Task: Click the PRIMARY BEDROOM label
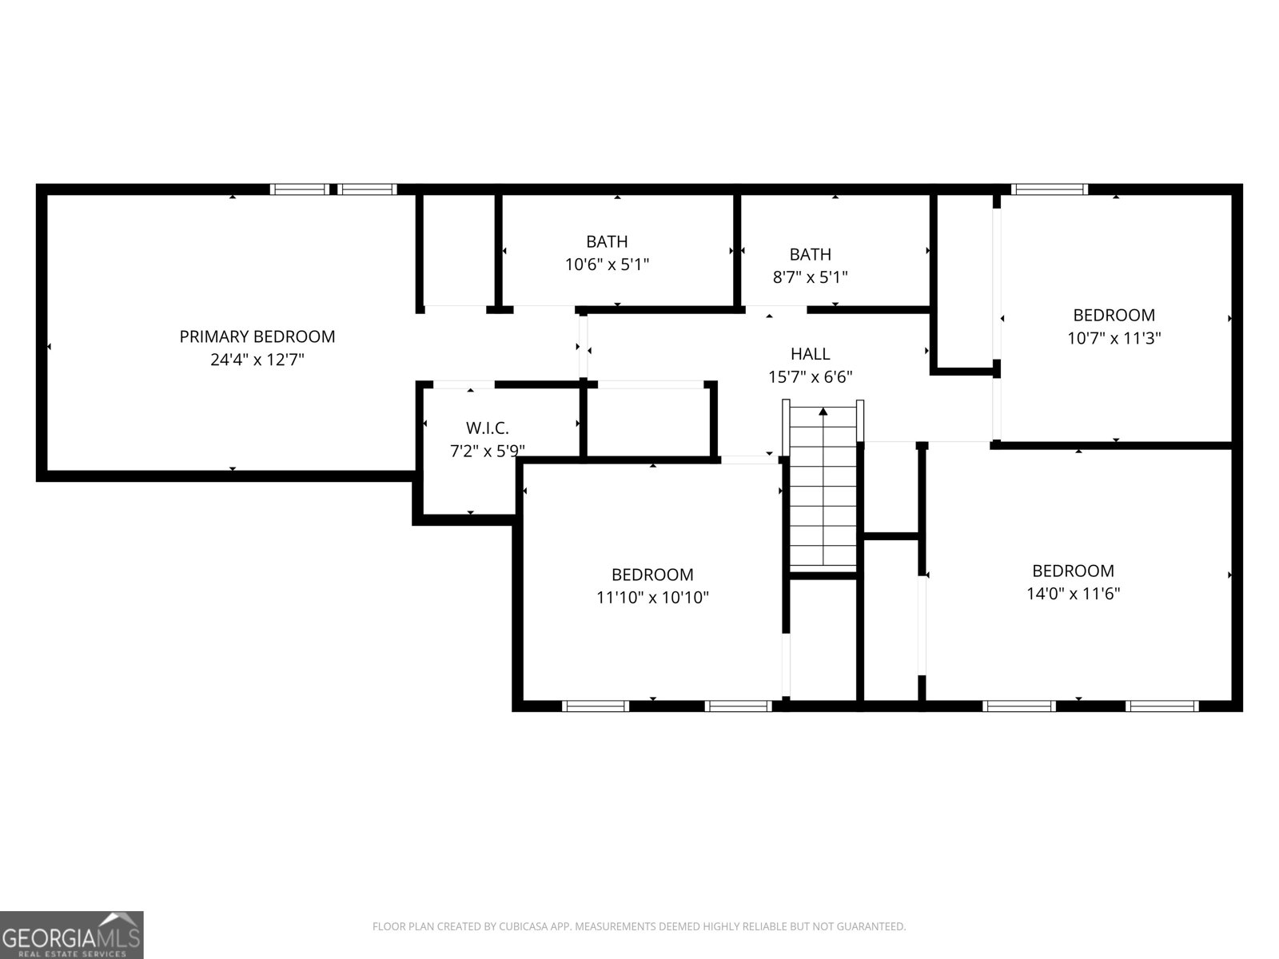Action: [x=257, y=336]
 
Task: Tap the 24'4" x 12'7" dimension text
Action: [x=257, y=360]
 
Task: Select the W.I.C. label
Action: [x=487, y=428]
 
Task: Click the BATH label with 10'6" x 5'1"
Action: [x=607, y=241]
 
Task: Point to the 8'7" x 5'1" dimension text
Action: [x=810, y=277]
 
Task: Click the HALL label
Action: [x=810, y=353]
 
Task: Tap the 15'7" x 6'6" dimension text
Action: [x=810, y=376]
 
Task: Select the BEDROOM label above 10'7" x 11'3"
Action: [x=1114, y=315]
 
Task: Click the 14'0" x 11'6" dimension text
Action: [x=1073, y=594]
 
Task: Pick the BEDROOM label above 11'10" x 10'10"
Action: [x=652, y=575]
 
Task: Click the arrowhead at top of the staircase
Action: [x=823, y=412]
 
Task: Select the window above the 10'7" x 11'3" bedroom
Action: [x=1049, y=189]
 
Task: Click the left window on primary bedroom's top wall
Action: [x=299, y=189]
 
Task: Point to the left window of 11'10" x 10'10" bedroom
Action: [x=595, y=706]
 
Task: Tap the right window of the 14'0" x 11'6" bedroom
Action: [x=1161, y=706]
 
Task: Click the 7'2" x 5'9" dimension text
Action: [x=487, y=452]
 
